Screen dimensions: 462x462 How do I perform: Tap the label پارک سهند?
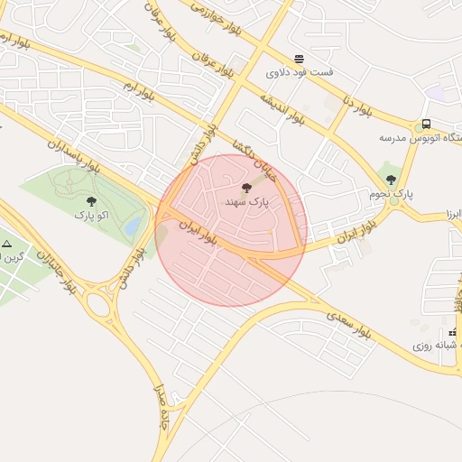(246, 205)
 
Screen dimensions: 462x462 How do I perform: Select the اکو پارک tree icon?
(90, 200)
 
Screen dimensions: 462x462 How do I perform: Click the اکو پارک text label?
(90, 216)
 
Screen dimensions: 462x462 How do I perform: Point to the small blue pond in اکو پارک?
(134, 224)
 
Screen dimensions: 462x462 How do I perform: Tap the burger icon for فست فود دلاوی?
(299, 57)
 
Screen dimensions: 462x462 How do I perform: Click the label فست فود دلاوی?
(299, 71)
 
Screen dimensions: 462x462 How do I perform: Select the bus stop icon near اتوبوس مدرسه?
(425, 124)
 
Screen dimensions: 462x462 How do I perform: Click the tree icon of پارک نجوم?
(391, 179)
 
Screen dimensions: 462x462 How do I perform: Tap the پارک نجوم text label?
(391, 194)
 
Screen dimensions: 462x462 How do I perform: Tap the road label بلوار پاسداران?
(73, 153)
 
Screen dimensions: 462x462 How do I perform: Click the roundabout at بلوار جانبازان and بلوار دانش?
(100, 304)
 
